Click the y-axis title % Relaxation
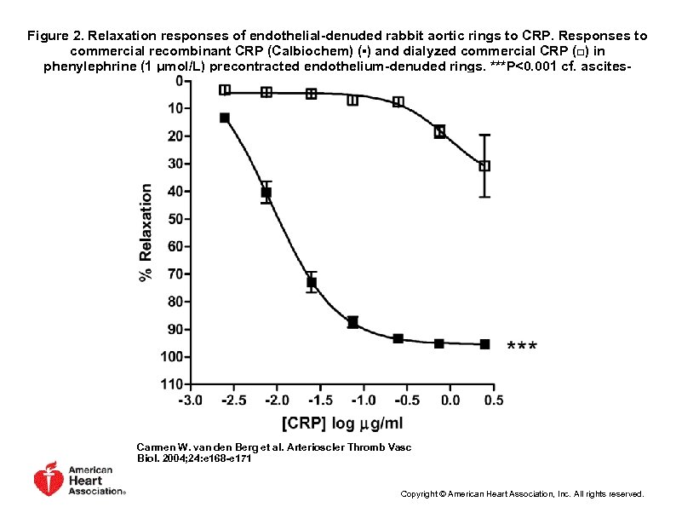click(x=146, y=232)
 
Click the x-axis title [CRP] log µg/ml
click(x=344, y=423)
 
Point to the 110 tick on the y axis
click(x=171, y=384)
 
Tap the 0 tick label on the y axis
click(x=178, y=81)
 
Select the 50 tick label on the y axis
click(x=175, y=219)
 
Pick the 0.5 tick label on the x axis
click(x=494, y=400)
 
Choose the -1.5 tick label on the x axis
click(x=319, y=400)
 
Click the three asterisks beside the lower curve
click(x=522, y=347)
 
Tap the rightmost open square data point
click(x=484, y=166)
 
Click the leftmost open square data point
click(x=225, y=89)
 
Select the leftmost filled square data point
click(x=225, y=118)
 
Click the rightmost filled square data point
click(x=484, y=344)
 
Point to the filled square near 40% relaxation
click(x=266, y=193)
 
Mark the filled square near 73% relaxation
click(x=312, y=282)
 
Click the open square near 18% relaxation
click(x=439, y=131)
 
